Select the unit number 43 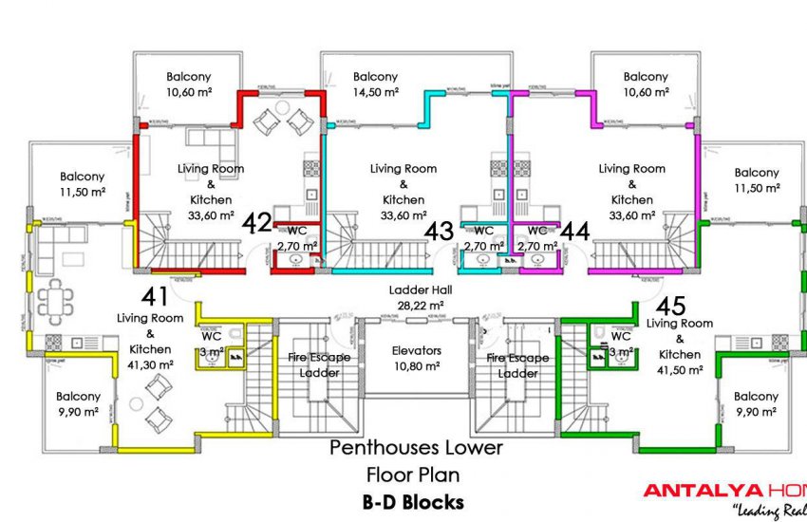tap(438, 231)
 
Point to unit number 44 tap(573, 230)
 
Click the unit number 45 tap(671, 306)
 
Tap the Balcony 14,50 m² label tap(375, 84)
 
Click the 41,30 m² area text tap(150, 364)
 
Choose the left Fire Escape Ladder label tap(319, 365)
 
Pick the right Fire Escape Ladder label tap(517, 365)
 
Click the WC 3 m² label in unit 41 tap(211, 343)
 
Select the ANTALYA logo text tap(703, 491)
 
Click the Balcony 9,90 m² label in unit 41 tap(78, 403)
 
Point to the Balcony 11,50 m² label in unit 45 tap(757, 180)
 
